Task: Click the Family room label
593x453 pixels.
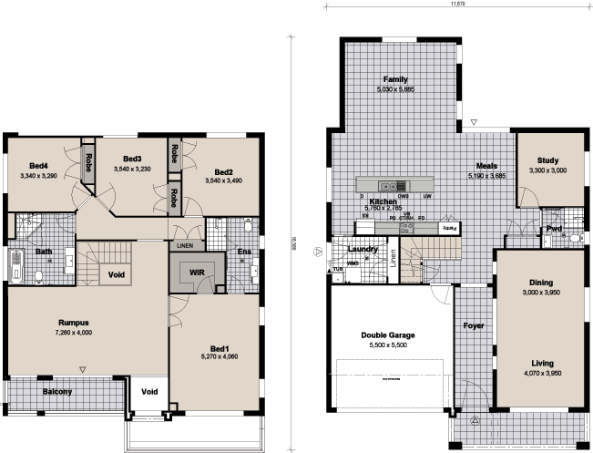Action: (395, 79)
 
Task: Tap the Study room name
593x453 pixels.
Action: (547, 160)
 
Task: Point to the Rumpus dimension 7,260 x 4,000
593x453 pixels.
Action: (73, 333)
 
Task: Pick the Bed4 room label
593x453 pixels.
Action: (38, 165)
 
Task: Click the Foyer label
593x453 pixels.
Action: (473, 325)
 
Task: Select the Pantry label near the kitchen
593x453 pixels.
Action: (449, 228)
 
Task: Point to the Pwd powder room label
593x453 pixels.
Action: (553, 230)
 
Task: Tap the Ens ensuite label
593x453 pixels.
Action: (243, 252)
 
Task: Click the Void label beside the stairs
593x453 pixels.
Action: (116, 273)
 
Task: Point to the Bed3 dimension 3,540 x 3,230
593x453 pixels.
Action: (132, 169)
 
